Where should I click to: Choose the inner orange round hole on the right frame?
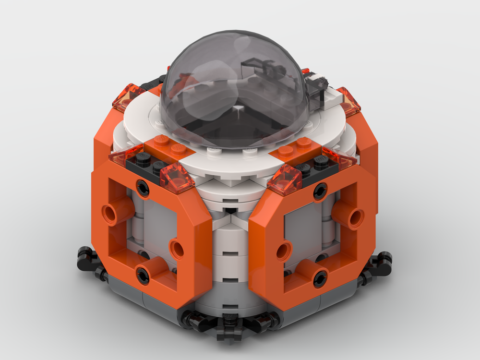click(284, 250)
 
